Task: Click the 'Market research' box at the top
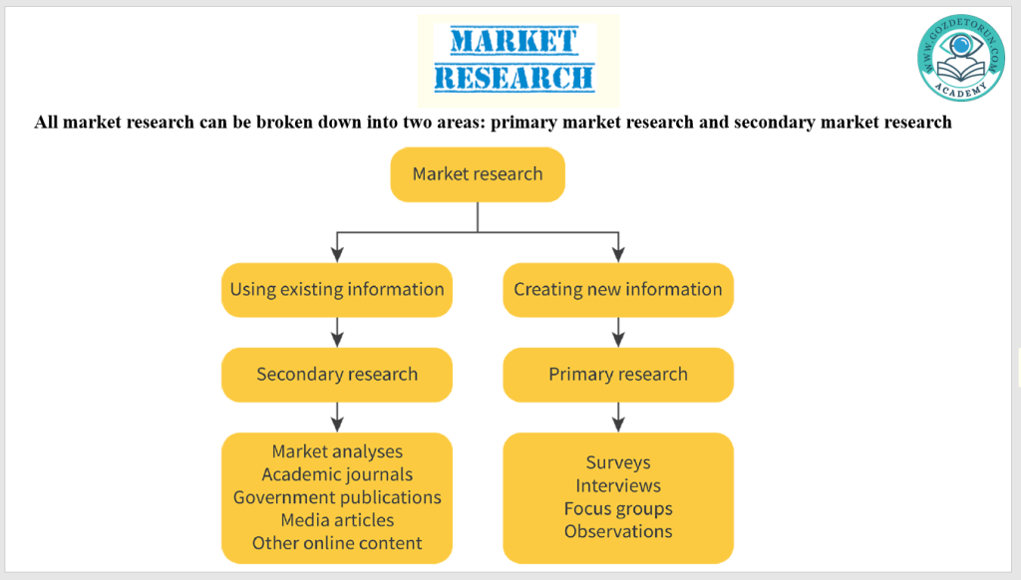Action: pyautogui.click(x=478, y=174)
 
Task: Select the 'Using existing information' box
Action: pyautogui.click(x=337, y=290)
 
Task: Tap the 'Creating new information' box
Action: pyautogui.click(x=618, y=290)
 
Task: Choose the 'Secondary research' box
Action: pyautogui.click(x=337, y=375)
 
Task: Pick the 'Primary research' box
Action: pyautogui.click(x=618, y=375)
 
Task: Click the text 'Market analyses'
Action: pyautogui.click(x=337, y=451)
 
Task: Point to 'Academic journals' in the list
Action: pyautogui.click(x=337, y=474)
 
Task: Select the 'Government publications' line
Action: pyautogui.click(x=337, y=497)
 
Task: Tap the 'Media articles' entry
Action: pyautogui.click(x=337, y=520)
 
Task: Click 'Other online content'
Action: pyautogui.click(x=337, y=543)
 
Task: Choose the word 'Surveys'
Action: pyautogui.click(x=618, y=462)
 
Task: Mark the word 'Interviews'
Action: pyautogui.click(x=618, y=485)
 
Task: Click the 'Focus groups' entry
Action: pyautogui.click(x=618, y=508)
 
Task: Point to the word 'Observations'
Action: pyautogui.click(x=618, y=531)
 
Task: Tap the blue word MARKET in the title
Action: pyautogui.click(x=513, y=41)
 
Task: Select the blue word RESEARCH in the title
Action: pyautogui.click(x=514, y=77)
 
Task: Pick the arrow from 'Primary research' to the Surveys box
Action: pyautogui.click(x=618, y=417)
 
